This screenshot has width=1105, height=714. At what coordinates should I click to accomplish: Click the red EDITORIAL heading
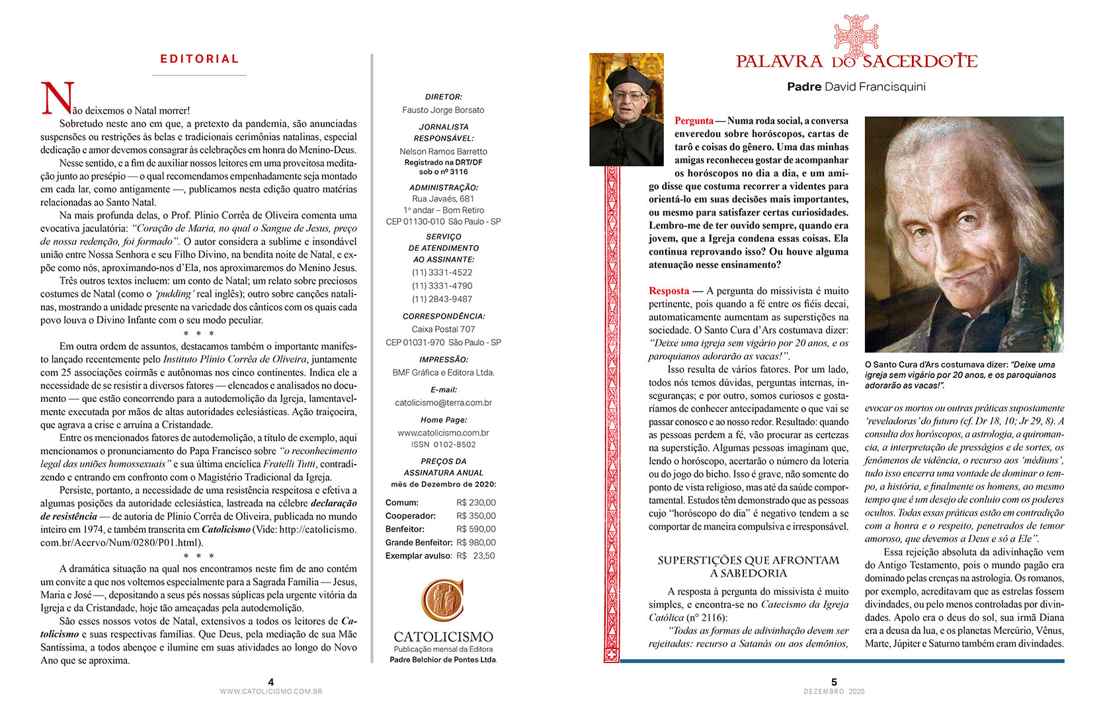[199, 59]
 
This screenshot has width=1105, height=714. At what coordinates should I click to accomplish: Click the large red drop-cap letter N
[58, 99]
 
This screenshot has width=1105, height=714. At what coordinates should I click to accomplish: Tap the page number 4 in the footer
[271, 682]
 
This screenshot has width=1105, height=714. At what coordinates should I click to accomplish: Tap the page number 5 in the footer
[834, 682]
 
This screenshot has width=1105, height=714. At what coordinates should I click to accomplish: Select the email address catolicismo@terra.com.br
[443, 403]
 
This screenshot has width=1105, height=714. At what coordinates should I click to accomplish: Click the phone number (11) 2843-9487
[442, 299]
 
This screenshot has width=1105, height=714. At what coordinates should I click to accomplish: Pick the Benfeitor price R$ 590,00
[475, 529]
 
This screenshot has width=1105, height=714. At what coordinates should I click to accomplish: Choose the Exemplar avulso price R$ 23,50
[475, 555]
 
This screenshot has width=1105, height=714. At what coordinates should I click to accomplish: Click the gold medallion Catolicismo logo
[442, 600]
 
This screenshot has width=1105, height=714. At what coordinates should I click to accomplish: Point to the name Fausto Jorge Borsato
[443, 110]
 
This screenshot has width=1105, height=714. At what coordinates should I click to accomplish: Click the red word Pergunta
[694, 120]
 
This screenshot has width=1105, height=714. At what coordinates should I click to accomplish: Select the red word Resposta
[669, 291]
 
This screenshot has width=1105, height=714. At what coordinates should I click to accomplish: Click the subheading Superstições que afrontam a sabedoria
[748, 567]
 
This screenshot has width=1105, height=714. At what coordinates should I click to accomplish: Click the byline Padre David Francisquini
[856, 87]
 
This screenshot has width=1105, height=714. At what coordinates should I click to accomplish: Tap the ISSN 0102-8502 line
[443, 444]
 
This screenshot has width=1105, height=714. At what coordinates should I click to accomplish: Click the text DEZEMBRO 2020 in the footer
[834, 692]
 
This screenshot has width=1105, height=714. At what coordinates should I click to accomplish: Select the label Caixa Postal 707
[443, 329]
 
